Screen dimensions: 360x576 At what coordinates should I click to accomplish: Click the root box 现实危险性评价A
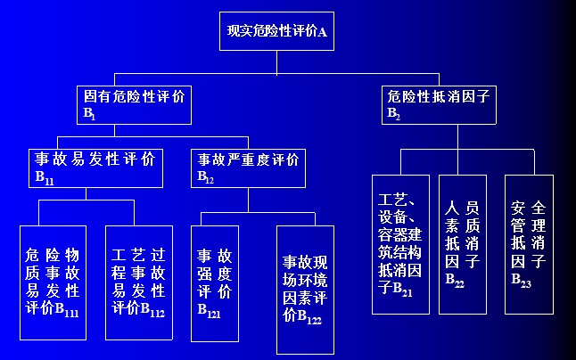[277, 32]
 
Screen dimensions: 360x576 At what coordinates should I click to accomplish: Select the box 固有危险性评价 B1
[134, 103]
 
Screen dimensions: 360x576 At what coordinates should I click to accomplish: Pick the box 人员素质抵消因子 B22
[463, 243]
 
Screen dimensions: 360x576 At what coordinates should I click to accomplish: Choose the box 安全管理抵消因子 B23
[529, 243]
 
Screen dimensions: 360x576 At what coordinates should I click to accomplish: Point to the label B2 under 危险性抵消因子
[393, 114]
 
